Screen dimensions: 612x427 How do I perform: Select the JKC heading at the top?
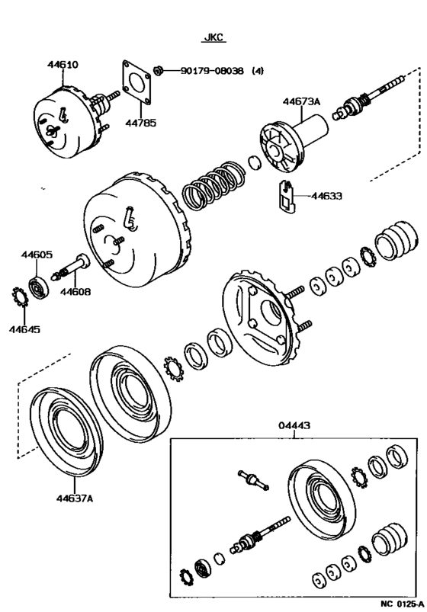213,36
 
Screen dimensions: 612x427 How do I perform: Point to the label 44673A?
304,101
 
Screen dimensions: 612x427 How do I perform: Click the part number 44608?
75,291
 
